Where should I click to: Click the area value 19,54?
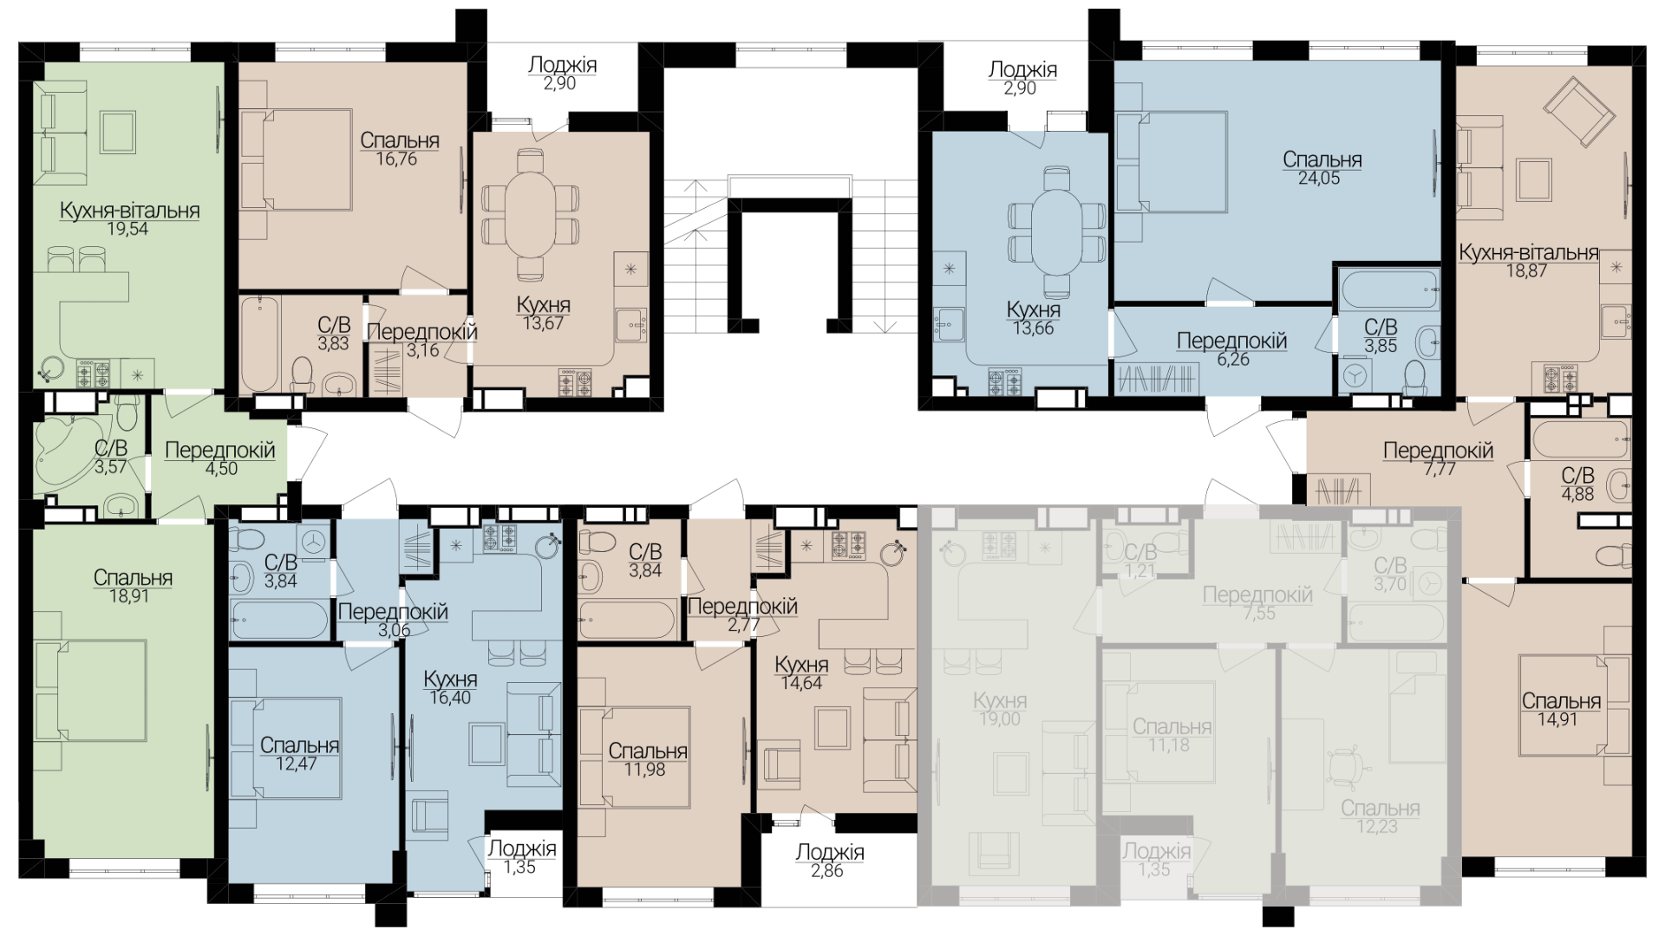(x=127, y=230)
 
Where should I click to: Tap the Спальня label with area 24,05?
(x=1322, y=160)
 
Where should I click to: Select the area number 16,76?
(x=396, y=159)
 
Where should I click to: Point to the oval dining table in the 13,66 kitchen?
(x=1056, y=233)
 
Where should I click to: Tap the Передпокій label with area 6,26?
(x=1231, y=341)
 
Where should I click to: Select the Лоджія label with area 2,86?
(x=830, y=853)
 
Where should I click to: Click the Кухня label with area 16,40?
(x=450, y=679)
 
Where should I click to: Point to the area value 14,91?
(x=1557, y=719)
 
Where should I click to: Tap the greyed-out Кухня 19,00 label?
(x=1000, y=700)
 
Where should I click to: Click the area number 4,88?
(x=1577, y=494)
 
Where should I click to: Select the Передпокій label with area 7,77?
(x=1438, y=451)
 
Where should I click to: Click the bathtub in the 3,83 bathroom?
(x=260, y=344)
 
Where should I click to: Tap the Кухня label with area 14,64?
(x=801, y=665)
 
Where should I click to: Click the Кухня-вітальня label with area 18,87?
(x=1529, y=252)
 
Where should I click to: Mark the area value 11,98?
(x=644, y=770)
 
